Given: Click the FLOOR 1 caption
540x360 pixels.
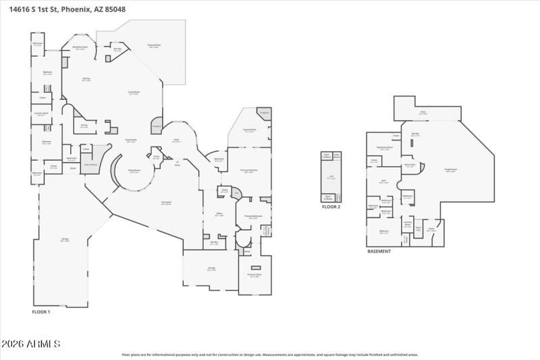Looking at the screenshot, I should click(41, 312).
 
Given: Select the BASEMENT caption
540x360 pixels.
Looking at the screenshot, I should click(379, 251).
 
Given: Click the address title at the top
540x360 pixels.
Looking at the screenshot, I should click(67, 9).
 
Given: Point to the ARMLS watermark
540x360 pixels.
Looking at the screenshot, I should click(31, 344).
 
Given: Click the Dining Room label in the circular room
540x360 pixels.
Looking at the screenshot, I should click(134, 171).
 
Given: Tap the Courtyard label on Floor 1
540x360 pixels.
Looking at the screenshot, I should click(166, 203).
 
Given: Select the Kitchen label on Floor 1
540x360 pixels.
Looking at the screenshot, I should click(86, 80).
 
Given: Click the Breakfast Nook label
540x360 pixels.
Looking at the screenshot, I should click(80, 48).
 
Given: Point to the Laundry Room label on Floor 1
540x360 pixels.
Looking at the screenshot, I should click(41, 114).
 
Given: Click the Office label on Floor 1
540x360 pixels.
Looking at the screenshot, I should click(219, 215).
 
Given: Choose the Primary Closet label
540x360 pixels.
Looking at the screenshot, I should click(254, 276).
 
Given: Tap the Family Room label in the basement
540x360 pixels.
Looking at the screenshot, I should click(451, 170).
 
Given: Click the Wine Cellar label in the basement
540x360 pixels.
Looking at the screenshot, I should click(409, 165).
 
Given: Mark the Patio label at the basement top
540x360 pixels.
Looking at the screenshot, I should click(423, 113).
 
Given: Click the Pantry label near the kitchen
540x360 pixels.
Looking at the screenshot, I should click(84, 126).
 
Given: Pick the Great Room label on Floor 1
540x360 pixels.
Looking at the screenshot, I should click(131, 141).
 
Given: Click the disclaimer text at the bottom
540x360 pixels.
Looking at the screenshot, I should click(270, 354).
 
